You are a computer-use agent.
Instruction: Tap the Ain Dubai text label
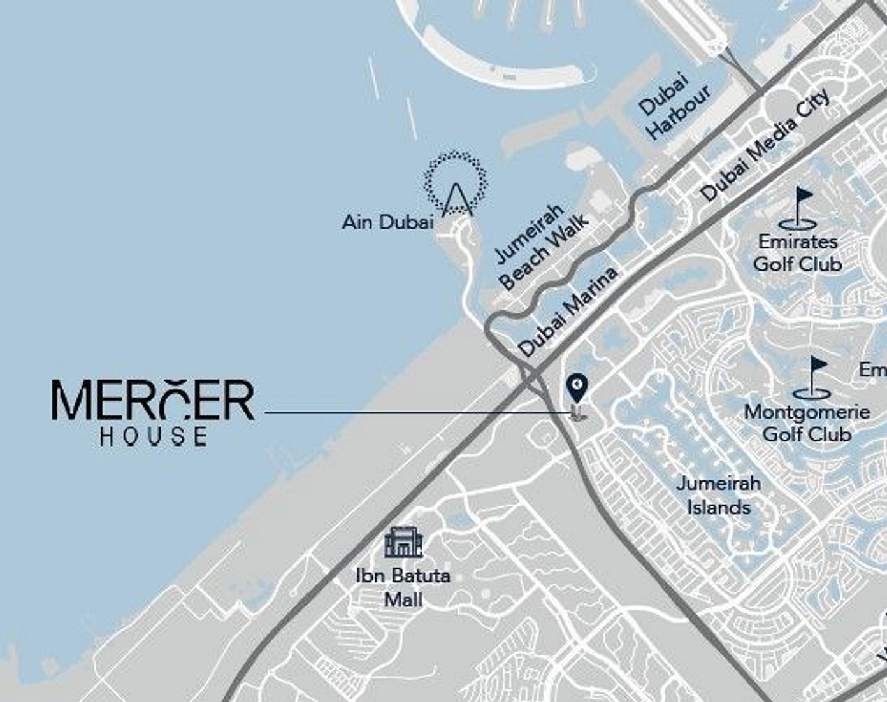(387, 222)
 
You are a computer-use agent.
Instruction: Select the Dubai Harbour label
(674, 108)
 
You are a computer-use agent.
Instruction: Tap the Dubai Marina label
(568, 312)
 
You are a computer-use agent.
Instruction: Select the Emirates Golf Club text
(798, 253)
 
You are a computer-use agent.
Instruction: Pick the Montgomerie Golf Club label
(807, 423)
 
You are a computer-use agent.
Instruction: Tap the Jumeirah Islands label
(719, 495)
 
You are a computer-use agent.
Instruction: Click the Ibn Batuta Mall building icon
(403, 543)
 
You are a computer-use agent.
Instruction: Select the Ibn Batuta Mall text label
(403, 587)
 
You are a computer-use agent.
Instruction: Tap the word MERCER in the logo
(153, 401)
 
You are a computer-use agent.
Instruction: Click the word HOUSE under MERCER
(154, 436)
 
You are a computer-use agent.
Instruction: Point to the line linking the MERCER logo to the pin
(414, 413)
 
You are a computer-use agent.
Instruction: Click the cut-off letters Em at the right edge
(872, 369)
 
